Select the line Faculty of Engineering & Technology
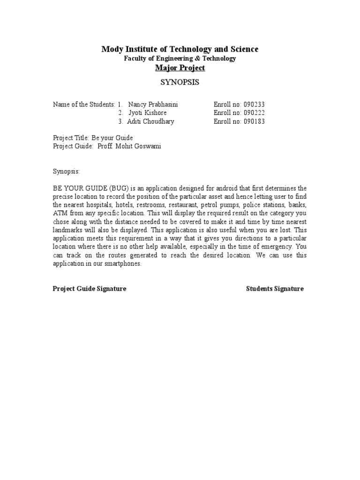pyautogui.click(x=180, y=59)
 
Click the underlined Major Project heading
pyautogui.click(x=180, y=68)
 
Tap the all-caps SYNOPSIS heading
pyautogui.click(x=180, y=82)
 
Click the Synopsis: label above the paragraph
pyautogui.click(x=66, y=172)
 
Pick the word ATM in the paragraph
pyautogui.click(x=60, y=214)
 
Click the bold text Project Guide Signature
pyautogui.click(x=89, y=289)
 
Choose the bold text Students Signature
pyautogui.click(x=275, y=289)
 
